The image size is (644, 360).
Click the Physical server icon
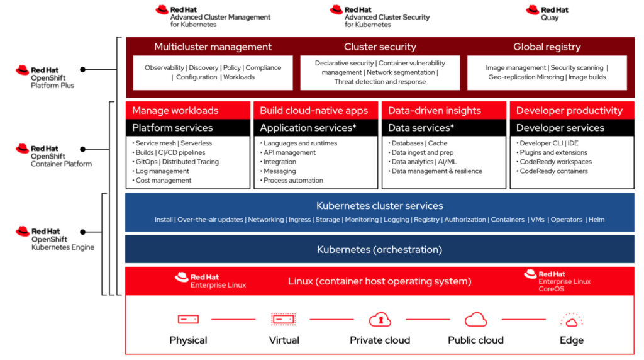[x=188, y=319]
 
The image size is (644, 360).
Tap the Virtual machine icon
[x=284, y=319]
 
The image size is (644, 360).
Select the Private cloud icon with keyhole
[x=380, y=319]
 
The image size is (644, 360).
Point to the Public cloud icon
[x=475, y=319]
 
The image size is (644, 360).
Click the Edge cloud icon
[x=571, y=320]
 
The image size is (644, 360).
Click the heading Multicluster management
[x=213, y=47]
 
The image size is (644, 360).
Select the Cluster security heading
[x=380, y=47]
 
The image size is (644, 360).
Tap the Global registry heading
[x=547, y=47]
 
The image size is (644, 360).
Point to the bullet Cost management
[x=163, y=181]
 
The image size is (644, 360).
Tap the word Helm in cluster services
[x=596, y=220]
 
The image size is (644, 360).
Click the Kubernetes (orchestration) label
[x=379, y=249]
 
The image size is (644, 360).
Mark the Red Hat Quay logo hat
[x=532, y=10]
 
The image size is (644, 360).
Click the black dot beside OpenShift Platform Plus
[x=82, y=69]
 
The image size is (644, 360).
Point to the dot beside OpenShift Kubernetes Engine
[x=82, y=232]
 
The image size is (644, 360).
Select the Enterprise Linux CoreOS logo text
[x=564, y=281]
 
